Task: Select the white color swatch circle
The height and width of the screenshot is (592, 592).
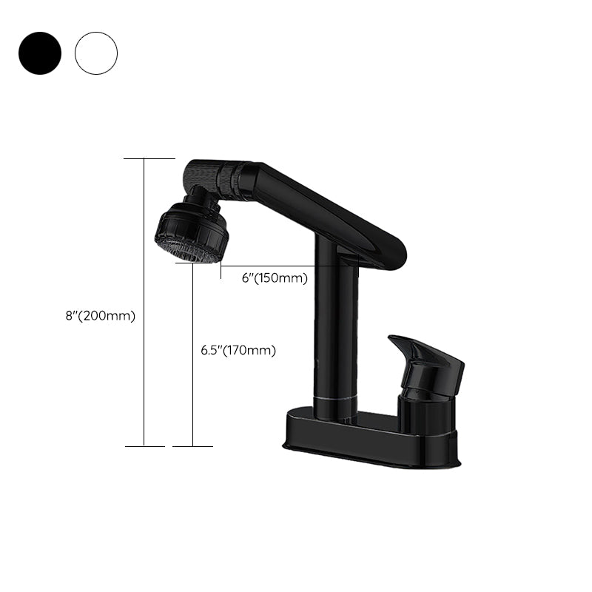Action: (96, 53)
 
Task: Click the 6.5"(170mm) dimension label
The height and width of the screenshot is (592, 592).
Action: (238, 351)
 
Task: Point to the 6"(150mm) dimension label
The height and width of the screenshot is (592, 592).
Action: (275, 278)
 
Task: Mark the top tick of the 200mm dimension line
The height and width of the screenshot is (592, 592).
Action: (149, 158)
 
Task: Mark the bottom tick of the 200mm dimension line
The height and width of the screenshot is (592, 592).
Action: (144, 446)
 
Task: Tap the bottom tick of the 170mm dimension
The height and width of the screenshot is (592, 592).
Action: (192, 446)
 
